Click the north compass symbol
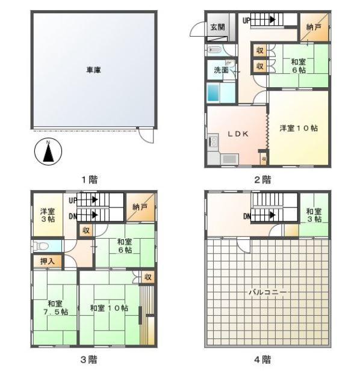pos(48,152)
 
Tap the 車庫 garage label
pos(94,70)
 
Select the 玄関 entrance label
pos(217,27)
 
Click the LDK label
pos(238,134)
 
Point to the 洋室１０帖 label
pos(299,128)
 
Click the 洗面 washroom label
pos(221,70)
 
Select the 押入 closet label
pos(48,261)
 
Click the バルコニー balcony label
pos(267,292)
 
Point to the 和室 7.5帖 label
pos(55,307)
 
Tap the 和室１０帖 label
pos(109,308)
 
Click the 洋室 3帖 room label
pos(48,215)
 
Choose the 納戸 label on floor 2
pos(313,27)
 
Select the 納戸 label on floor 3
pos(140,207)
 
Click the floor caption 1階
pos(90,179)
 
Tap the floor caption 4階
pos(262,360)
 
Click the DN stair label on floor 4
pos(247,216)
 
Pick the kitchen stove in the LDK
pos(213,142)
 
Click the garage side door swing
pos(145,136)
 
